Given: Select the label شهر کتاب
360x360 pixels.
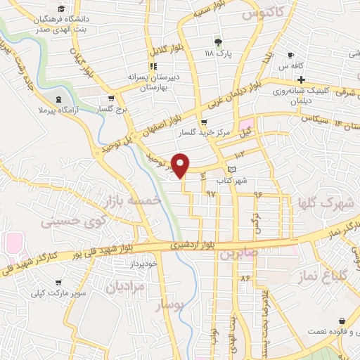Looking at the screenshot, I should coord(232,181).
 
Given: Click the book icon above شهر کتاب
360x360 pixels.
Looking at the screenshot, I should coord(232,169).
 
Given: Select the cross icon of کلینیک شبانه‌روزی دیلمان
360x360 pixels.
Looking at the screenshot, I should coord(302,79).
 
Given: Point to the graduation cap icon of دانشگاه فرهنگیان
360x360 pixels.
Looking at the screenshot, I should coord(60,9).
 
